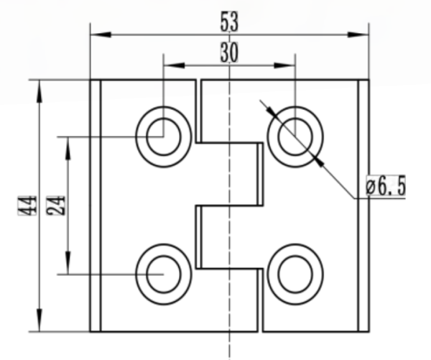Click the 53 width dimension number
[x=229, y=22]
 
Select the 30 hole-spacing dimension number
[x=229, y=52]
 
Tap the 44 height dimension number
[x=27, y=206]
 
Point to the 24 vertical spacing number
[x=56, y=206]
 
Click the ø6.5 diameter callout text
[x=386, y=185]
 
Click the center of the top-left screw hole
[x=164, y=137]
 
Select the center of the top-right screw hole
[x=295, y=137]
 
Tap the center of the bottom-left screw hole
[x=164, y=274]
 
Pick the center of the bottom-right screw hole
[x=295, y=274]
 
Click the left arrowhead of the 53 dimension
[x=101, y=34]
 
